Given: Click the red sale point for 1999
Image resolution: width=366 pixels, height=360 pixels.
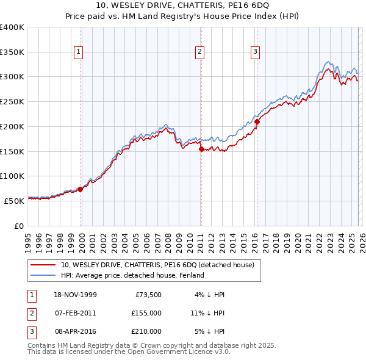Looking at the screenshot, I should [81, 189].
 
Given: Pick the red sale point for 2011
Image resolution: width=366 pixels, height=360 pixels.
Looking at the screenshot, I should [201, 148].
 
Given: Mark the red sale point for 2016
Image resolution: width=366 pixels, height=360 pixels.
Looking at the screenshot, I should [257, 121].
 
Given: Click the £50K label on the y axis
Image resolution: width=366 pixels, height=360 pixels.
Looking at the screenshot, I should [13, 201].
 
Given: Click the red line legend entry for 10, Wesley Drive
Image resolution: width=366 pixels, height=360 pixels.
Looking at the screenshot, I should [161, 265].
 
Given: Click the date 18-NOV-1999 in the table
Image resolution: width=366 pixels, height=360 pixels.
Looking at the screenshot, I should [75, 295].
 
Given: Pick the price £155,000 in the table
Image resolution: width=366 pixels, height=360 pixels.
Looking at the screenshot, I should [146, 313].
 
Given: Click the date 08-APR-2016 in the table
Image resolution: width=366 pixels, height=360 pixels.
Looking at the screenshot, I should [75, 331].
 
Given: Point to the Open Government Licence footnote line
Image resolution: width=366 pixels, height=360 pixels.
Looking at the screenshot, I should [129, 352].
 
